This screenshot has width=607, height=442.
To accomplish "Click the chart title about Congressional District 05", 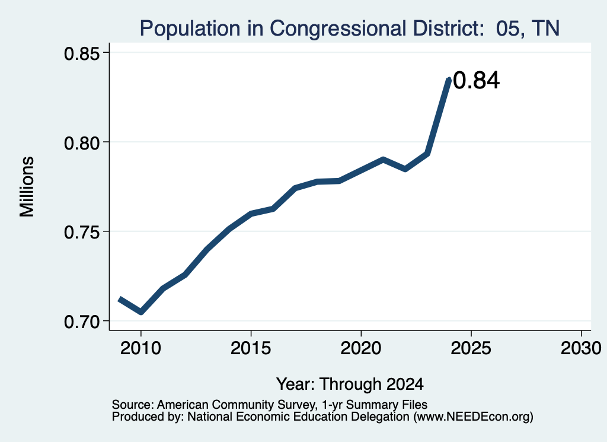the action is coord(350,28).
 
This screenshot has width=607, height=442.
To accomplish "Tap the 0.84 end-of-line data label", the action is coord(476,81).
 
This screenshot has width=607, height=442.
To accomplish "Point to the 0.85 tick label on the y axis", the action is coord(82,53).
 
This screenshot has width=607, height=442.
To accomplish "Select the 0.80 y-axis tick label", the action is coord(82,143).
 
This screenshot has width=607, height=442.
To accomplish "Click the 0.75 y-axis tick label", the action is coord(82,233).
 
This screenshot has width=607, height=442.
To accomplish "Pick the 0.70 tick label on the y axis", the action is coord(82,322).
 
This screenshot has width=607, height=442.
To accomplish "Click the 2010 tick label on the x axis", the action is coord(140,348).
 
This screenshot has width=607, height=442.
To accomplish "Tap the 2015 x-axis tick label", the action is coord(251,348).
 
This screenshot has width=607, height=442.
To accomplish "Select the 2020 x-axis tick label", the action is coord(361,348).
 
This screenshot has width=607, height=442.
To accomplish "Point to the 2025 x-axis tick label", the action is coord(471,348).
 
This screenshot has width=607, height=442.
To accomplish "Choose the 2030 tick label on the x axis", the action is coord(581,348).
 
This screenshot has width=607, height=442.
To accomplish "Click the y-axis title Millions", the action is coord(27,187).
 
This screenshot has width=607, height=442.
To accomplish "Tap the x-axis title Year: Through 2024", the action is coord(350,384).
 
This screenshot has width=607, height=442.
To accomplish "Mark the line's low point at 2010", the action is coord(141,312).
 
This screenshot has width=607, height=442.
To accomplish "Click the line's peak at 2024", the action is coord(449,79).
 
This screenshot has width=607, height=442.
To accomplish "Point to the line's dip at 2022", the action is coord(405,169).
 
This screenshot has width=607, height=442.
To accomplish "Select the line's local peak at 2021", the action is coord(383,159).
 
